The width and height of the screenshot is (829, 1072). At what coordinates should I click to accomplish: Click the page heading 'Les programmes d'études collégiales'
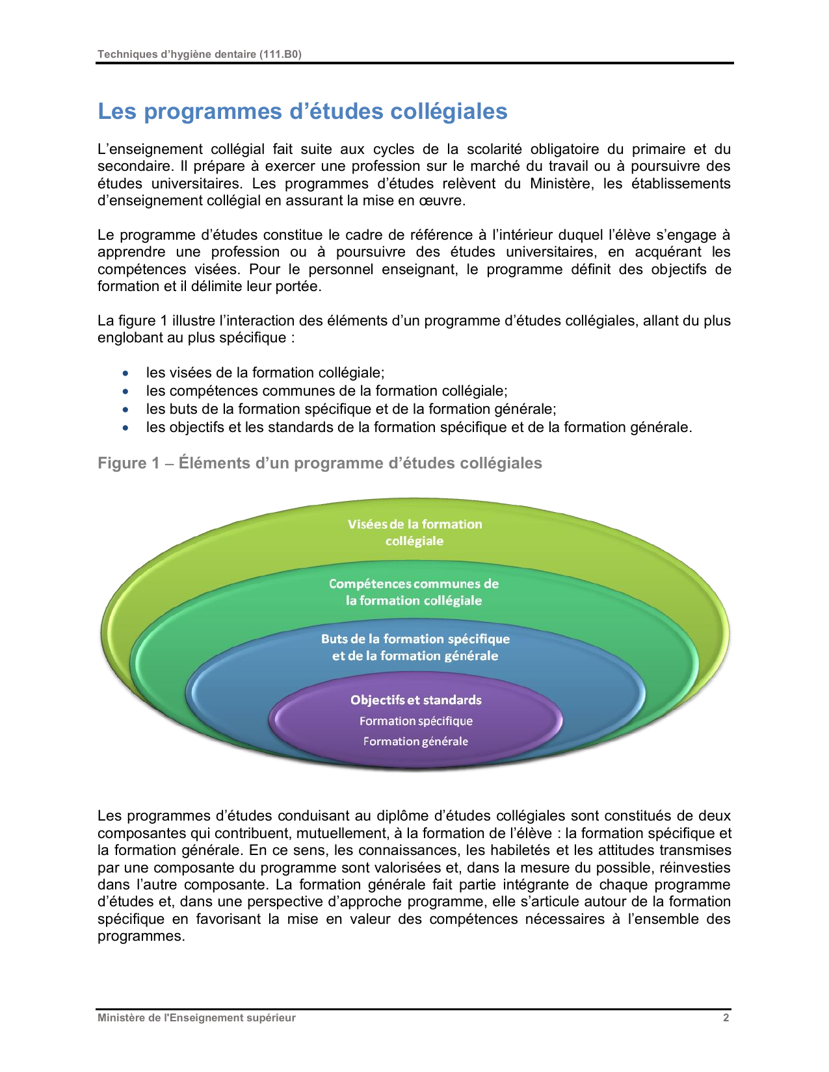302,112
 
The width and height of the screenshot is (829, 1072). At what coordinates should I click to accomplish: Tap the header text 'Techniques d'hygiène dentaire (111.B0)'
199,55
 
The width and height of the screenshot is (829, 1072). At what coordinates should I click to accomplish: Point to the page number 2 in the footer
726,1017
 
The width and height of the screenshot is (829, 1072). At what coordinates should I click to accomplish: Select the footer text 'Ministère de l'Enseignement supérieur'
196,1017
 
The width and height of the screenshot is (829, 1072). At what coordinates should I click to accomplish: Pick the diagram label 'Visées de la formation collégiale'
415,533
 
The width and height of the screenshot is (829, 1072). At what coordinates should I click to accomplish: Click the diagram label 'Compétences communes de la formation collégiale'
414,592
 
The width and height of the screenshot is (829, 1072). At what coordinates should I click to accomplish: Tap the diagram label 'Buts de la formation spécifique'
415,639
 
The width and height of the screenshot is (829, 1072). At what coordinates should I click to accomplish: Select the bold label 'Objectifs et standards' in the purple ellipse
416,700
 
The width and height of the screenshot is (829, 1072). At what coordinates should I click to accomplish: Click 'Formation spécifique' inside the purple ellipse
416,721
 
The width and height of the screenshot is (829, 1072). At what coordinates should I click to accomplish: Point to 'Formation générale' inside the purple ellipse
415,741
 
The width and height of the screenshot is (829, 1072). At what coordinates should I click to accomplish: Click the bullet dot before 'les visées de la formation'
125,374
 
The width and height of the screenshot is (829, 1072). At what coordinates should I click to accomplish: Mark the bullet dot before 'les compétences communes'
125,392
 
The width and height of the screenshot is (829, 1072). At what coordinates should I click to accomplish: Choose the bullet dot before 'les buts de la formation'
125,410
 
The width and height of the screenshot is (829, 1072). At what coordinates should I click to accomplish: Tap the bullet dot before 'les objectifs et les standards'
125,428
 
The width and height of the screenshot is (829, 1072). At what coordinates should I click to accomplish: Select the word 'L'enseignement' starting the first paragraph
150,149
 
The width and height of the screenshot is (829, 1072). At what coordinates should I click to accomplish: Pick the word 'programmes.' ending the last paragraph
141,936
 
